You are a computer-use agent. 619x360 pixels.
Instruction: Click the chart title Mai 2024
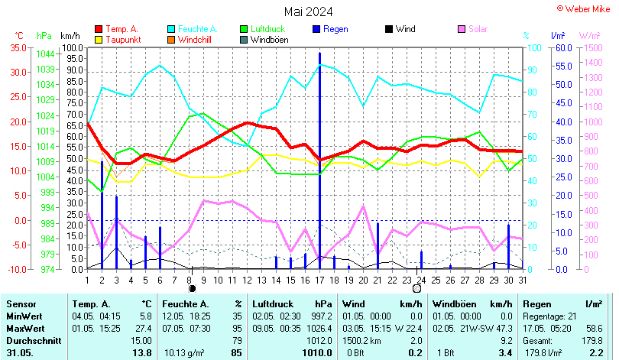click(309, 11)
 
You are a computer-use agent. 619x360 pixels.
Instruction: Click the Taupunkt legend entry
click(122, 39)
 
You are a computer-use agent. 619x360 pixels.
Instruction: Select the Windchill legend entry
click(196, 39)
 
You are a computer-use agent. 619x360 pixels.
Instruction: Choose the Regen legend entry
click(335, 29)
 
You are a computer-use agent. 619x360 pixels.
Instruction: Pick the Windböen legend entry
click(269, 39)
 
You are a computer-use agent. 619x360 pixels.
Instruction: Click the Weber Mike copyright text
click(585, 8)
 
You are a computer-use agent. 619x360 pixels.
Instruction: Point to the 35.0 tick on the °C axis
click(17, 47)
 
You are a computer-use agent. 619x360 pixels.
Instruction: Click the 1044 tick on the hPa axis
click(45, 54)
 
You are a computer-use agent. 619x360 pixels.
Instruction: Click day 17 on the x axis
click(319, 279)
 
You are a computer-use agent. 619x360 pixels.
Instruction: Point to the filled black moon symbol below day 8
click(192, 289)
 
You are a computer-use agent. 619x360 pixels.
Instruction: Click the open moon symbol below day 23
click(416, 289)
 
